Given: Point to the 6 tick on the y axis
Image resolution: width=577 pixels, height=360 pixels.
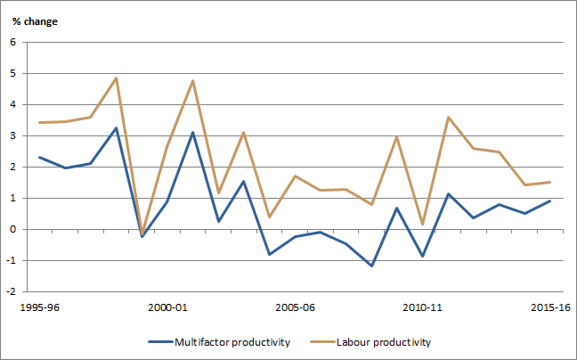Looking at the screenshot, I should pyautogui.click(x=12, y=43).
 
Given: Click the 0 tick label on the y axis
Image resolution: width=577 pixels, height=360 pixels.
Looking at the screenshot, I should pyautogui.click(x=12, y=229).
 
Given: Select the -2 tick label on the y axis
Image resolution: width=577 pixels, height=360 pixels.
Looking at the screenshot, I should pyautogui.click(x=11, y=291).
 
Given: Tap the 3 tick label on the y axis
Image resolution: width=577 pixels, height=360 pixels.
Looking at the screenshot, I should pyautogui.click(x=12, y=135).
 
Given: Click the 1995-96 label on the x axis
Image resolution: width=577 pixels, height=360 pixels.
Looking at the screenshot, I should pyautogui.click(x=39, y=307).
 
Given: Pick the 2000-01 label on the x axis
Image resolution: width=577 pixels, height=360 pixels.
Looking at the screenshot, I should pyautogui.click(x=167, y=307).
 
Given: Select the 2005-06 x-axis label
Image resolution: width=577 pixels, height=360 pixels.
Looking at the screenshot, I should pyautogui.click(x=296, y=307).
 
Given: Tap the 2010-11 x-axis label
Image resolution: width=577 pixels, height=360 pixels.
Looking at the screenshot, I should pyautogui.click(x=424, y=307).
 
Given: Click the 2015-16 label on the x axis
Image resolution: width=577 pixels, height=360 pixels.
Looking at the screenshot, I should pyautogui.click(x=549, y=307).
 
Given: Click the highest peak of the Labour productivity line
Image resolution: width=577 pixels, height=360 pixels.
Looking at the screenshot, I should pyautogui.click(x=116, y=78).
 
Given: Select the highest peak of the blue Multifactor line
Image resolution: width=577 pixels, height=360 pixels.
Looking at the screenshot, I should pyautogui.click(x=116, y=128).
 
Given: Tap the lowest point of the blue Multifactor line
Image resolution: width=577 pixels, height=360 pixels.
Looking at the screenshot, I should pyautogui.click(x=371, y=266).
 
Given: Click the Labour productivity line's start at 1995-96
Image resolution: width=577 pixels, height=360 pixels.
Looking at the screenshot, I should pyautogui.click(x=39, y=123).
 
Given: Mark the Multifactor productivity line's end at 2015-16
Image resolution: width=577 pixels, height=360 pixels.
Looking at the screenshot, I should pyautogui.click(x=549, y=200).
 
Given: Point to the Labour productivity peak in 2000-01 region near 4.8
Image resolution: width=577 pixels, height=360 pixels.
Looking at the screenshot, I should pyautogui.click(x=192, y=81).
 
